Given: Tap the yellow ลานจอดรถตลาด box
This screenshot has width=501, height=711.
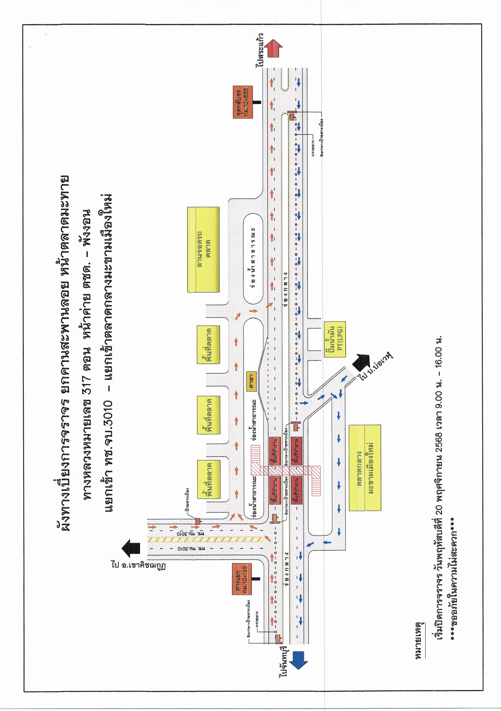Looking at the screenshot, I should coord(203,250).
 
